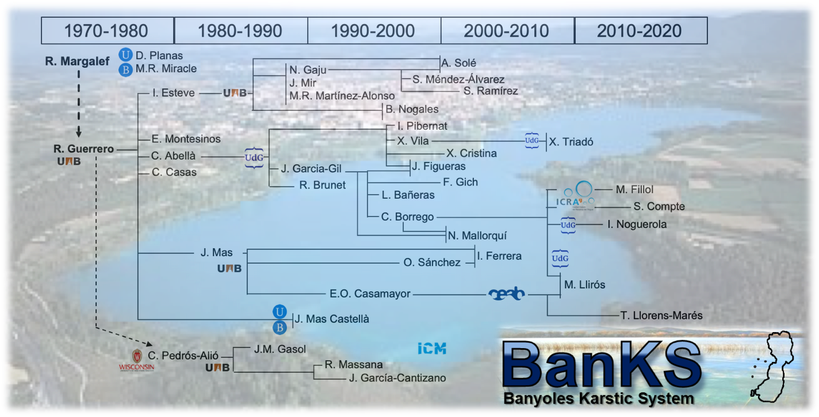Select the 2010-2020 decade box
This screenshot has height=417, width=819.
pos(641,30)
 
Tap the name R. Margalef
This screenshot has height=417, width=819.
pos(77,61)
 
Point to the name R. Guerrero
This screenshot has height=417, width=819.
pos(84,149)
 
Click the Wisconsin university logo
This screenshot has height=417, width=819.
pos(136,360)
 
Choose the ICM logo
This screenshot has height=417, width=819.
pos(432,349)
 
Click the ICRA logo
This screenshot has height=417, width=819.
pos(575,196)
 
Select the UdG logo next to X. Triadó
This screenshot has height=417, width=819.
pos(531,141)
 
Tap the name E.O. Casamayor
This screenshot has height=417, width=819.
pos(370,294)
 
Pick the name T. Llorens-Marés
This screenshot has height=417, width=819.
pos(661,315)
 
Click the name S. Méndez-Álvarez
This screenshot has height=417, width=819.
pos(458,79)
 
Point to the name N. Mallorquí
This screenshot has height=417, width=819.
pos(477,236)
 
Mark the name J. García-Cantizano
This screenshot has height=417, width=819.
pos(397,378)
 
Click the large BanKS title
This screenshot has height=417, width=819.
pos(602,364)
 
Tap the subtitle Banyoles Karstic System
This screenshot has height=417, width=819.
pos(599,399)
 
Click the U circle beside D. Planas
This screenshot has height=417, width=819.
pos(125,55)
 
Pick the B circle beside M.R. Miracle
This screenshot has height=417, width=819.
pos(125,69)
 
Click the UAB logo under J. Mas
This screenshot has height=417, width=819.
pos(229,269)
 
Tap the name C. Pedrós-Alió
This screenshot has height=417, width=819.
pos(183,356)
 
